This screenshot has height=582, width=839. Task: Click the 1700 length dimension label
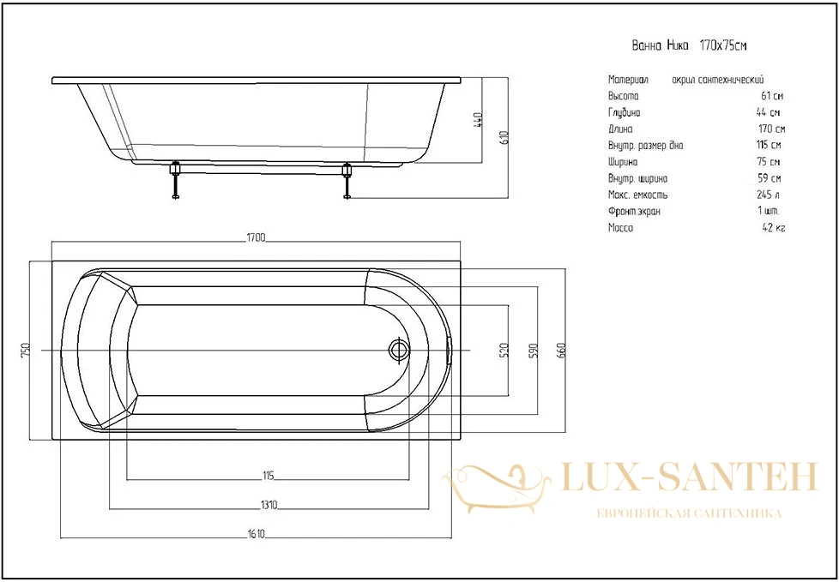click(257, 237)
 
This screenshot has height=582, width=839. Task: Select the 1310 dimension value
click(269, 506)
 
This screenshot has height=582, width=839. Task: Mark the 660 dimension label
click(562, 350)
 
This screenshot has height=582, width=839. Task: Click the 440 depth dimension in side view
click(479, 120)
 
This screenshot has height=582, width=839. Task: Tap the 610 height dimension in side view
click(504, 138)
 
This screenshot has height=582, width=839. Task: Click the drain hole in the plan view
click(398, 350)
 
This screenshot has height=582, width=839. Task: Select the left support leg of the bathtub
click(174, 181)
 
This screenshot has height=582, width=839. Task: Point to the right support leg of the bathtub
click(347, 181)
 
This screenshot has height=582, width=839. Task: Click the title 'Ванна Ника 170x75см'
click(689, 45)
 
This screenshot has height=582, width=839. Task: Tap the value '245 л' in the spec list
click(767, 195)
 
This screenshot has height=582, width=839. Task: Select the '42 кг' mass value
click(773, 228)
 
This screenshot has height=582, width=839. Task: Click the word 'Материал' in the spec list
click(628, 81)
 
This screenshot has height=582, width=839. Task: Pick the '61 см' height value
click(772, 96)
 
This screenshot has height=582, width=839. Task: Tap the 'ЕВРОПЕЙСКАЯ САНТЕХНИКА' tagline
click(689, 513)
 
